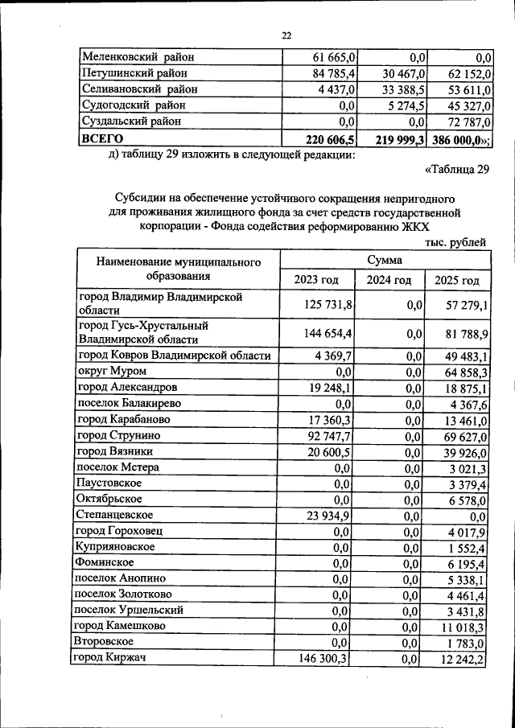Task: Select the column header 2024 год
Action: (389, 280)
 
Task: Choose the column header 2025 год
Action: (456, 280)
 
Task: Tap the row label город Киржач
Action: (109, 658)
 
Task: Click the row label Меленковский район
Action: (138, 57)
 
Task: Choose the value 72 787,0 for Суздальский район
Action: (466, 121)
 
